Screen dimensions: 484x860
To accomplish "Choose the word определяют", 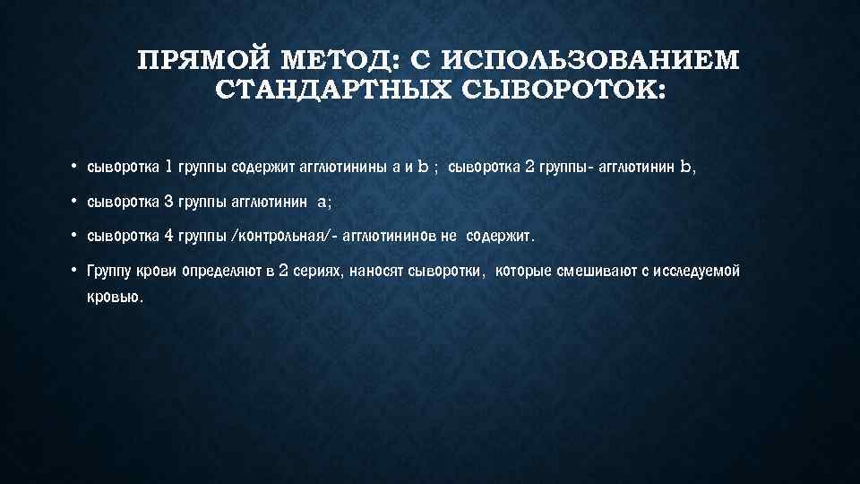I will pyautogui.click(x=223, y=272).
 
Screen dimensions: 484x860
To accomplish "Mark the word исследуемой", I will pyautogui.click(x=695, y=272).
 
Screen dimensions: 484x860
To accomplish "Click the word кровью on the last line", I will pyautogui.click(x=114, y=298).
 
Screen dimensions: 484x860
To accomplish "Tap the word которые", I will pyautogui.click(x=524, y=272).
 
